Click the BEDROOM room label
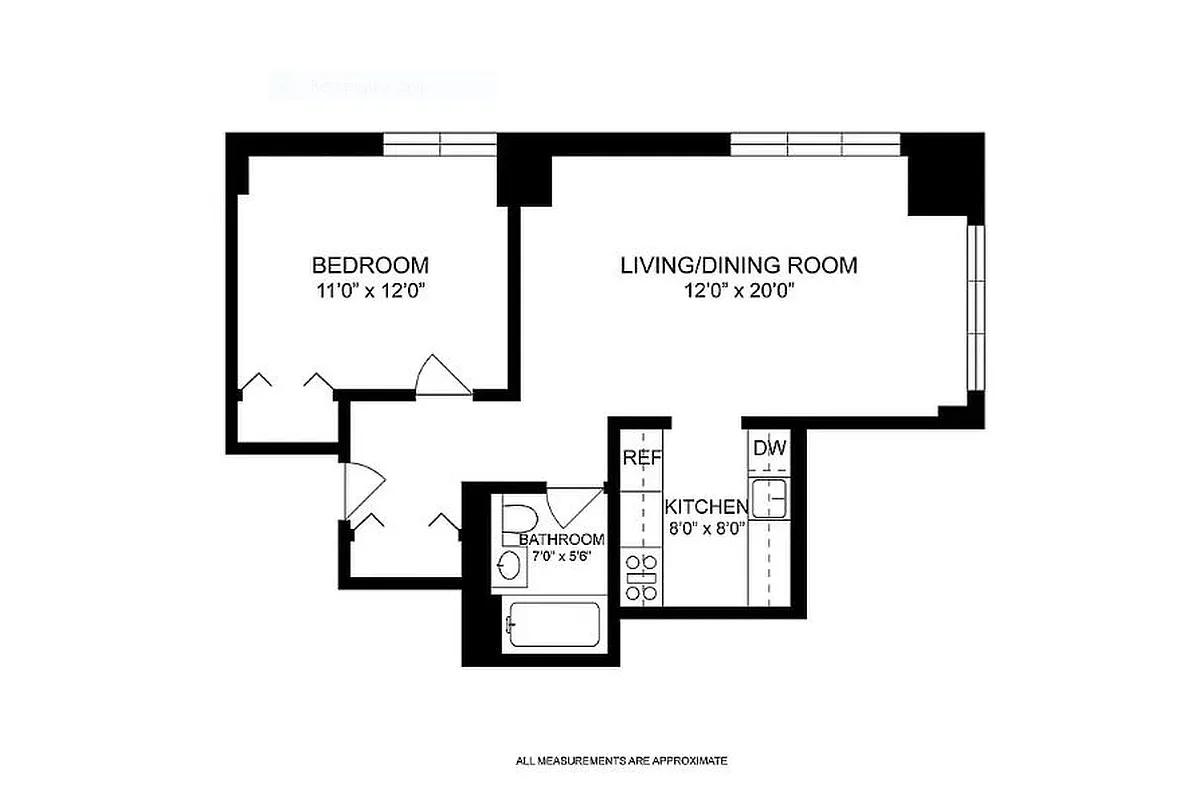(370, 266)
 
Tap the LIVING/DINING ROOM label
(738, 266)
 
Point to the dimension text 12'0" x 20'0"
(738, 291)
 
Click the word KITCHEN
(706, 506)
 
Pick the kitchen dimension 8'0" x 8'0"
(706, 529)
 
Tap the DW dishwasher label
(770, 448)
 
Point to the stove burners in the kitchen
(640, 580)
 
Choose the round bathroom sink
(510, 567)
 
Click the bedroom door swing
(440, 376)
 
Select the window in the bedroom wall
(440, 145)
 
